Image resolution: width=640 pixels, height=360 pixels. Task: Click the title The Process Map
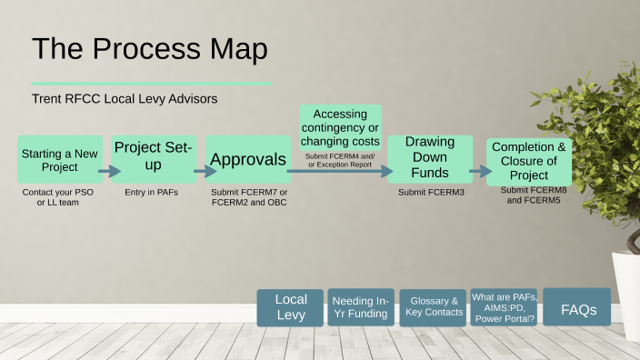[150, 49]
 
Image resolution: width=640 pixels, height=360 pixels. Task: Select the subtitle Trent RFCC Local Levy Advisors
[125, 98]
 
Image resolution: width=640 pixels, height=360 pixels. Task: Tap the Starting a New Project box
[60, 161]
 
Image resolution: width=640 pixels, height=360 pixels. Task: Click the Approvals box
[248, 161]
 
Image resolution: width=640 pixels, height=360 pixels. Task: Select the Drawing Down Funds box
[430, 158]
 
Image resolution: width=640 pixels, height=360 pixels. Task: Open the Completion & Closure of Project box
[529, 159]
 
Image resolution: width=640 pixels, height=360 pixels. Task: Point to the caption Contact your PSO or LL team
[59, 197]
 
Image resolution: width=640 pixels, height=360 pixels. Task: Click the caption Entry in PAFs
[152, 193]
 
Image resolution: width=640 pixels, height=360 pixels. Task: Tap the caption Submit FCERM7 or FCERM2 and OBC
[249, 197]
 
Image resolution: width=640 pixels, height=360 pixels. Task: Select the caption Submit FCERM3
[431, 193]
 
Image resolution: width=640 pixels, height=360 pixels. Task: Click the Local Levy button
[290, 307]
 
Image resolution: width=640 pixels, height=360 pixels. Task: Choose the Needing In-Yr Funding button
[360, 307]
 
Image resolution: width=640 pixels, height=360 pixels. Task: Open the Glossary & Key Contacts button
[433, 307]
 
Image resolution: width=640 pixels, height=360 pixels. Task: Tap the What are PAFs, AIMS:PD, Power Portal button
[505, 307]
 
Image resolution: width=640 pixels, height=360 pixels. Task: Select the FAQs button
[578, 309]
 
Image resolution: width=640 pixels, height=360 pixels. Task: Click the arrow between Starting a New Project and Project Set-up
[109, 170]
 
